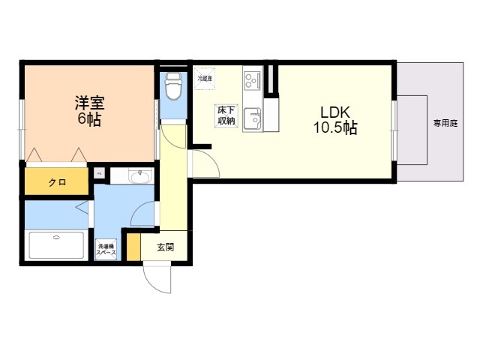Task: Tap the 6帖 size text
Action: [89, 119]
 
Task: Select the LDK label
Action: [334, 111]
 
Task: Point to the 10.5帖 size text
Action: [334, 128]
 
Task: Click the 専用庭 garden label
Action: [445, 123]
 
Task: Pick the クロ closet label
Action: [57, 182]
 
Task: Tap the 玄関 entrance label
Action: [166, 247]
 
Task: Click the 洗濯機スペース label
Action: [106, 250]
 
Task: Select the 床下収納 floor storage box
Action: [226, 115]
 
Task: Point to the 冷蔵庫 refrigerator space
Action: [205, 78]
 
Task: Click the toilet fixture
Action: [172, 87]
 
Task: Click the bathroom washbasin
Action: [139, 177]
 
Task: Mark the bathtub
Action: [57, 245]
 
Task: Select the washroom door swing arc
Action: [143, 214]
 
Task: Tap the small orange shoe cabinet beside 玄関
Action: [133, 247]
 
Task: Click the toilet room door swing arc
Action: [172, 137]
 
